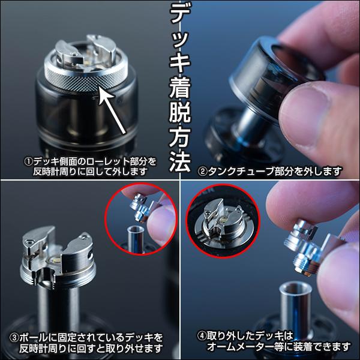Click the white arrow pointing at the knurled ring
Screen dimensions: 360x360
(114, 110)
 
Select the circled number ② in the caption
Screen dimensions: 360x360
(203, 171)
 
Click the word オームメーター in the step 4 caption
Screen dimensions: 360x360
(239, 347)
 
